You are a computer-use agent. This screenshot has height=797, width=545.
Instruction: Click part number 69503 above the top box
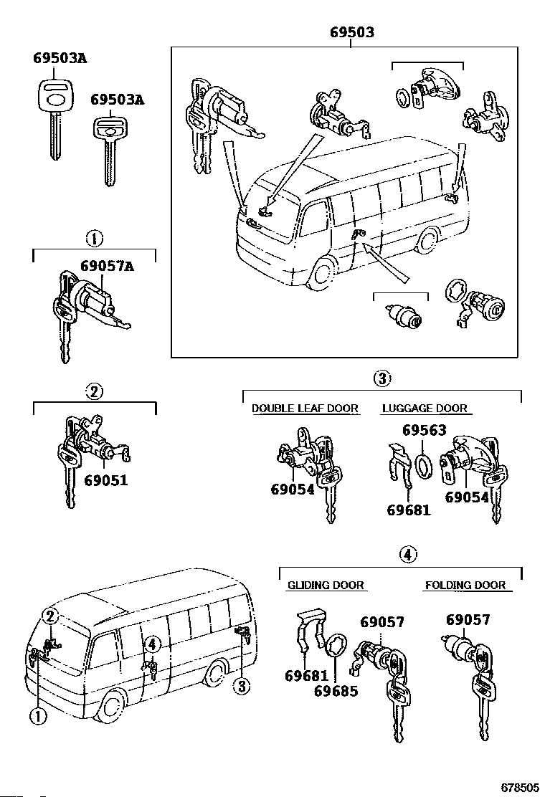click(351, 33)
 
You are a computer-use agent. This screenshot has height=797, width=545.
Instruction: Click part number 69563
click(424, 430)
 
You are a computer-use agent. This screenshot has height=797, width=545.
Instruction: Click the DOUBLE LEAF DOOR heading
click(305, 409)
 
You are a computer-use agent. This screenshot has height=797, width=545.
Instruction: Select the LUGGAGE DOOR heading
click(425, 409)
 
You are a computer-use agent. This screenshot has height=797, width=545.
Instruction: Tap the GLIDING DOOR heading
click(326, 585)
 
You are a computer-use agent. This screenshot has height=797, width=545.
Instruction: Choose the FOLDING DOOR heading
click(465, 585)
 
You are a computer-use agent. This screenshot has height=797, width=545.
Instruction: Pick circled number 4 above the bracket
click(407, 554)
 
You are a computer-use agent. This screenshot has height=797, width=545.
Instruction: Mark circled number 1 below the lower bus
click(37, 714)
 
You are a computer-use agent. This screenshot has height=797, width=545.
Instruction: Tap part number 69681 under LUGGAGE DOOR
click(409, 510)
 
